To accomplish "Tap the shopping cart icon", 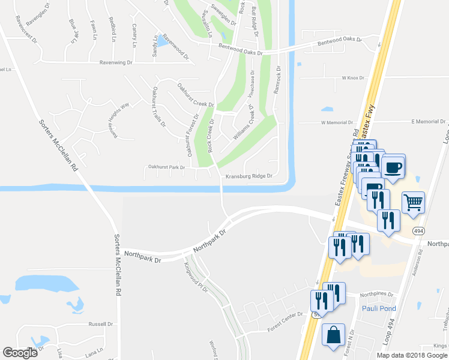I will coord(413,202).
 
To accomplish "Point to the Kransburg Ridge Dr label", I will coord(249,176).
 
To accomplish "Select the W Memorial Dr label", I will coord(337,122).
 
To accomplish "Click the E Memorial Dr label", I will coord(427,122).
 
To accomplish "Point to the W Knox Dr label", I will coord(353,78).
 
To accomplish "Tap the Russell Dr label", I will coord(101,324).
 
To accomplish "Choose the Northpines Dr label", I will coord(377,295).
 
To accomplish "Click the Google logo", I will coord(20,352).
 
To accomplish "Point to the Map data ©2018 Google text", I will coord(412,355).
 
